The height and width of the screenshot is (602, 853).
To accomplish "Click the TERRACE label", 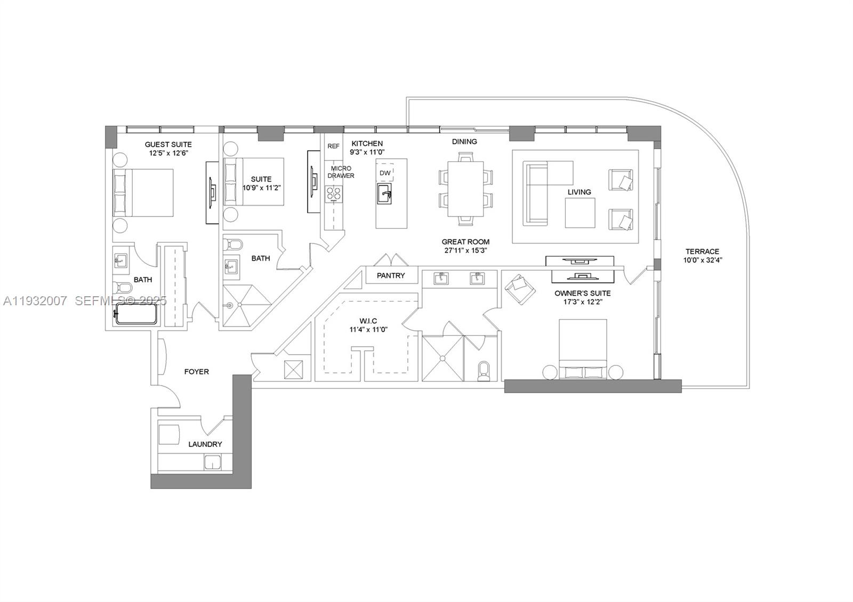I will (702, 251).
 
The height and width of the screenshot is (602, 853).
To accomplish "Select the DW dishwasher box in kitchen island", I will (385, 173).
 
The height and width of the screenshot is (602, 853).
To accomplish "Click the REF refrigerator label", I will (333, 146).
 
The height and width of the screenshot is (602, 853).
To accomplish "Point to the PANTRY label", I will (390, 275).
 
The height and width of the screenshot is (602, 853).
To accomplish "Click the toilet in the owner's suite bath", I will (484, 371).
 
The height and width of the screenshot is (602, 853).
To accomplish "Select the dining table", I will (466, 188).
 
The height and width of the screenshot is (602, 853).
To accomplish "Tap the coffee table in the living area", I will (580, 213).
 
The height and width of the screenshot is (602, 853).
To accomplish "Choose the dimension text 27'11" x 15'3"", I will (465, 250).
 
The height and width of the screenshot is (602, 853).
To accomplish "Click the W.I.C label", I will (368, 321).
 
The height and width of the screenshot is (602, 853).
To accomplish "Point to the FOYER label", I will (196, 371).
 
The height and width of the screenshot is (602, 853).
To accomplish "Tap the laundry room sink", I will (214, 462).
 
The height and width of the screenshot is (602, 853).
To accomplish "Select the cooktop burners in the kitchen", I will (334, 194).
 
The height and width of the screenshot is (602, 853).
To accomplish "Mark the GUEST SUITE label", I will (168, 144).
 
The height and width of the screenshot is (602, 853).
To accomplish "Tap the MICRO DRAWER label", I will (341, 172).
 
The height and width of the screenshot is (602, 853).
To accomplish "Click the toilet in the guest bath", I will (123, 288).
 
